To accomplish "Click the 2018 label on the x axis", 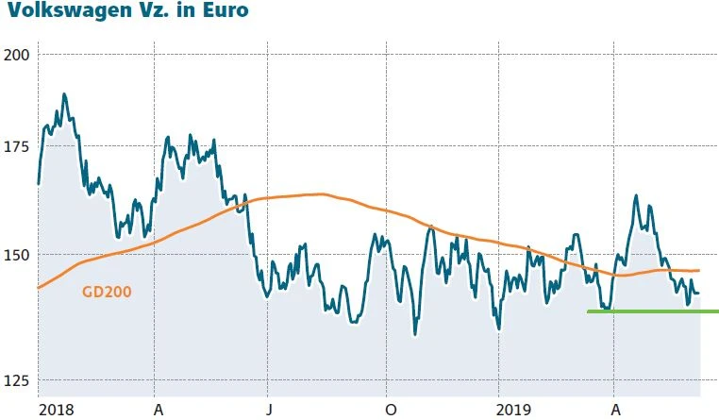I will pos(57,410).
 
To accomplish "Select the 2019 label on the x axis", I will pos(515,410).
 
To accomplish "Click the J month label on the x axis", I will pos(268,410).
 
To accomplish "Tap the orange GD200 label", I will pos(106,293).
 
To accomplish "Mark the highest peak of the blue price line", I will pos(64,94).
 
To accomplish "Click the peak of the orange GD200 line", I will pos(321,194).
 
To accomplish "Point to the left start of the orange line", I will pos(39,287).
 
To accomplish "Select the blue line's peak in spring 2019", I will pos(636,196).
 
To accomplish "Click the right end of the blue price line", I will pos(698,293).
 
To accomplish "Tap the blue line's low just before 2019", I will pos(498,328).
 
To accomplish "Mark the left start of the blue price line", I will pos(39,183).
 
